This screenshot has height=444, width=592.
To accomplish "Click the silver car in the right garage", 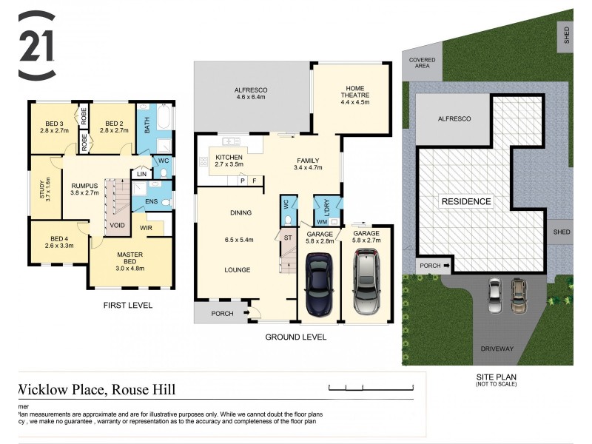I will point(367,279).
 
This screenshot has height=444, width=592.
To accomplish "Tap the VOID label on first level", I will point(118,225).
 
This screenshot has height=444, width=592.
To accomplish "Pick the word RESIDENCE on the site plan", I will point(465,201).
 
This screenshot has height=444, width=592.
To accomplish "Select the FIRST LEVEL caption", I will point(128,305).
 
